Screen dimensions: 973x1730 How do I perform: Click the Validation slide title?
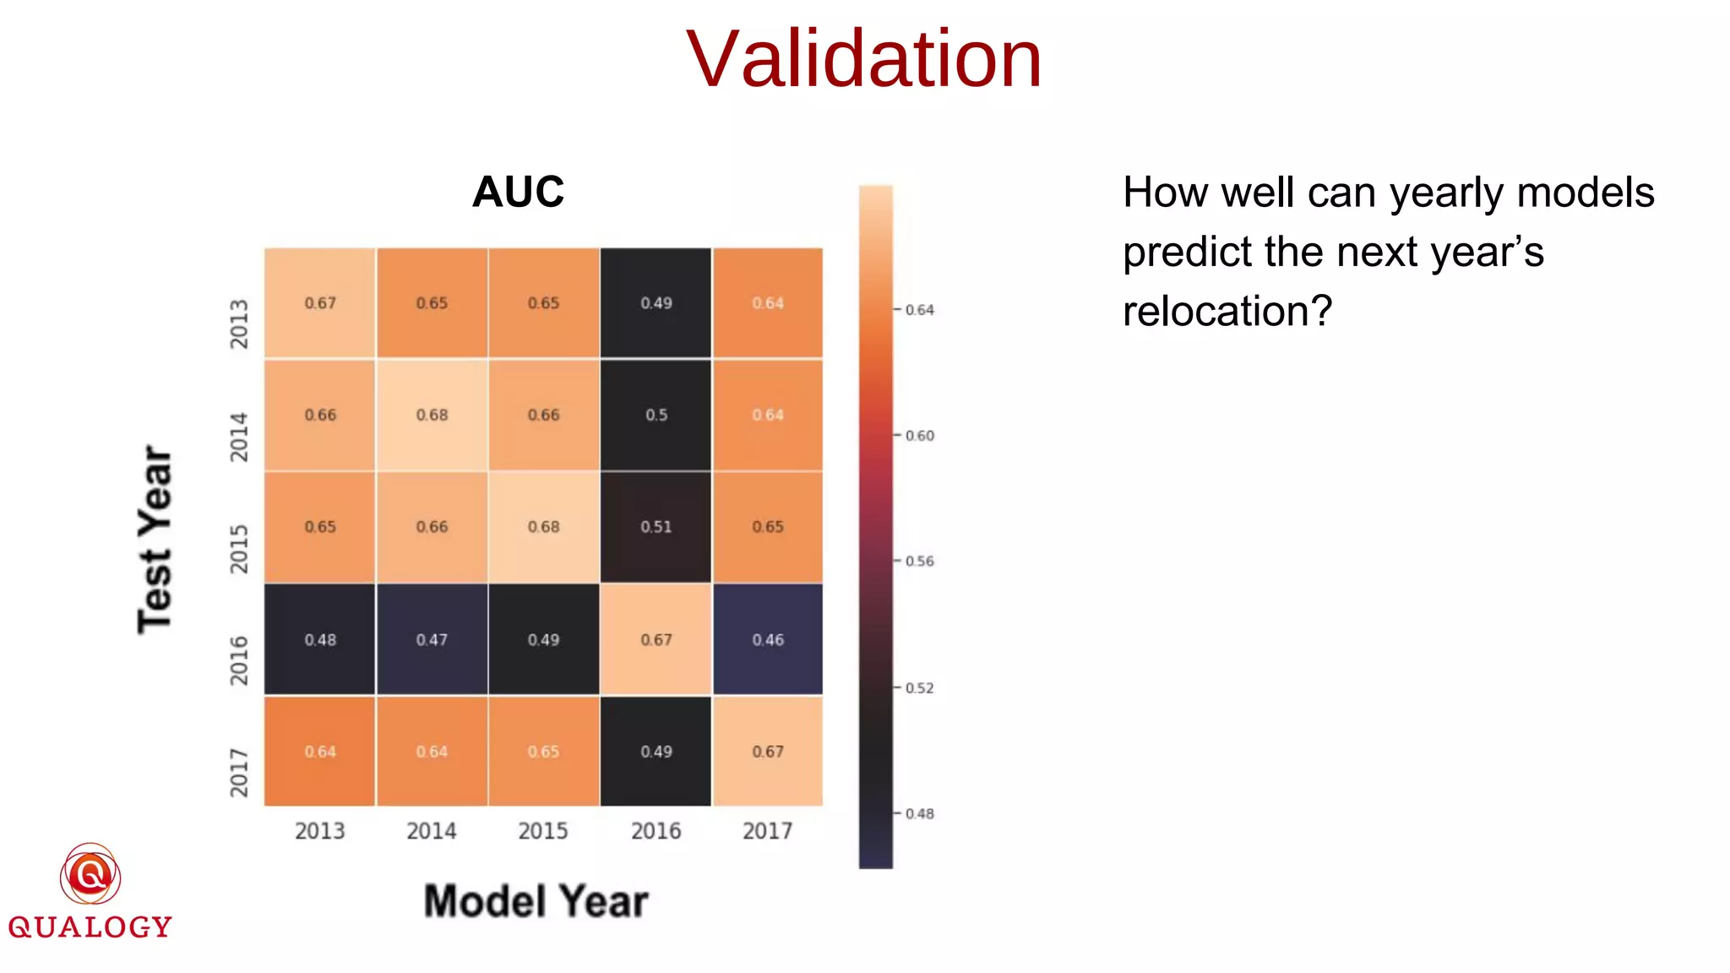pyautogui.click(x=863, y=59)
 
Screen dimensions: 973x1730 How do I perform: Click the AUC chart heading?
pyautogui.click(x=518, y=192)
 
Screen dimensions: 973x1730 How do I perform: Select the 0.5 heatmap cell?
pyautogui.click(x=656, y=415)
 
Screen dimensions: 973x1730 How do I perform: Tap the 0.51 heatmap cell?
pyautogui.click(x=656, y=527)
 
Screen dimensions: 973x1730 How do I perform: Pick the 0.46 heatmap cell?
pyautogui.click(x=768, y=639)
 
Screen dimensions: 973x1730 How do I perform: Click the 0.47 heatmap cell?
pyautogui.click(x=432, y=639)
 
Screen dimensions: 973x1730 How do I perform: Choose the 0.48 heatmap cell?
pyautogui.click(x=319, y=639)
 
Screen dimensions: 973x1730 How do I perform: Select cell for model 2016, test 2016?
pyautogui.click(x=656, y=639)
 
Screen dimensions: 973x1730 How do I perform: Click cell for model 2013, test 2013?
pyautogui.click(x=319, y=303)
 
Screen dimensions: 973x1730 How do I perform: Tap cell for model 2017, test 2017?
pyautogui.click(x=768, y=751)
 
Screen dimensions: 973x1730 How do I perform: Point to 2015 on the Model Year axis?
pyautogui.click(x=543, y=831)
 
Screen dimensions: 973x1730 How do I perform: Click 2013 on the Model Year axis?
pyautogui.click(x=319, y=831)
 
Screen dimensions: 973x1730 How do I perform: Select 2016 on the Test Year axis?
pyautogui.click(x=240, y=660)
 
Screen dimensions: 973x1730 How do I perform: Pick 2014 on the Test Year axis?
pyautogui.click(x=240, y=437)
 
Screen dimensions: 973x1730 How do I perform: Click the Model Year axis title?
pyautogui.click(x=536, y=901)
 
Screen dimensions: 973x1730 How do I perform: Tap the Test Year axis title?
pyautogui.click(x=155, y=539)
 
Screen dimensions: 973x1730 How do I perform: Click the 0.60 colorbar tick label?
pyautogui.click(x=919, y=436)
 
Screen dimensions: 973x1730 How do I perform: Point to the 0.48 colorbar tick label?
pyautogui.click(x=919, y=813)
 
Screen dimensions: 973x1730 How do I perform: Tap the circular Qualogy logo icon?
pyautogui.click(x=90, y=874)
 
